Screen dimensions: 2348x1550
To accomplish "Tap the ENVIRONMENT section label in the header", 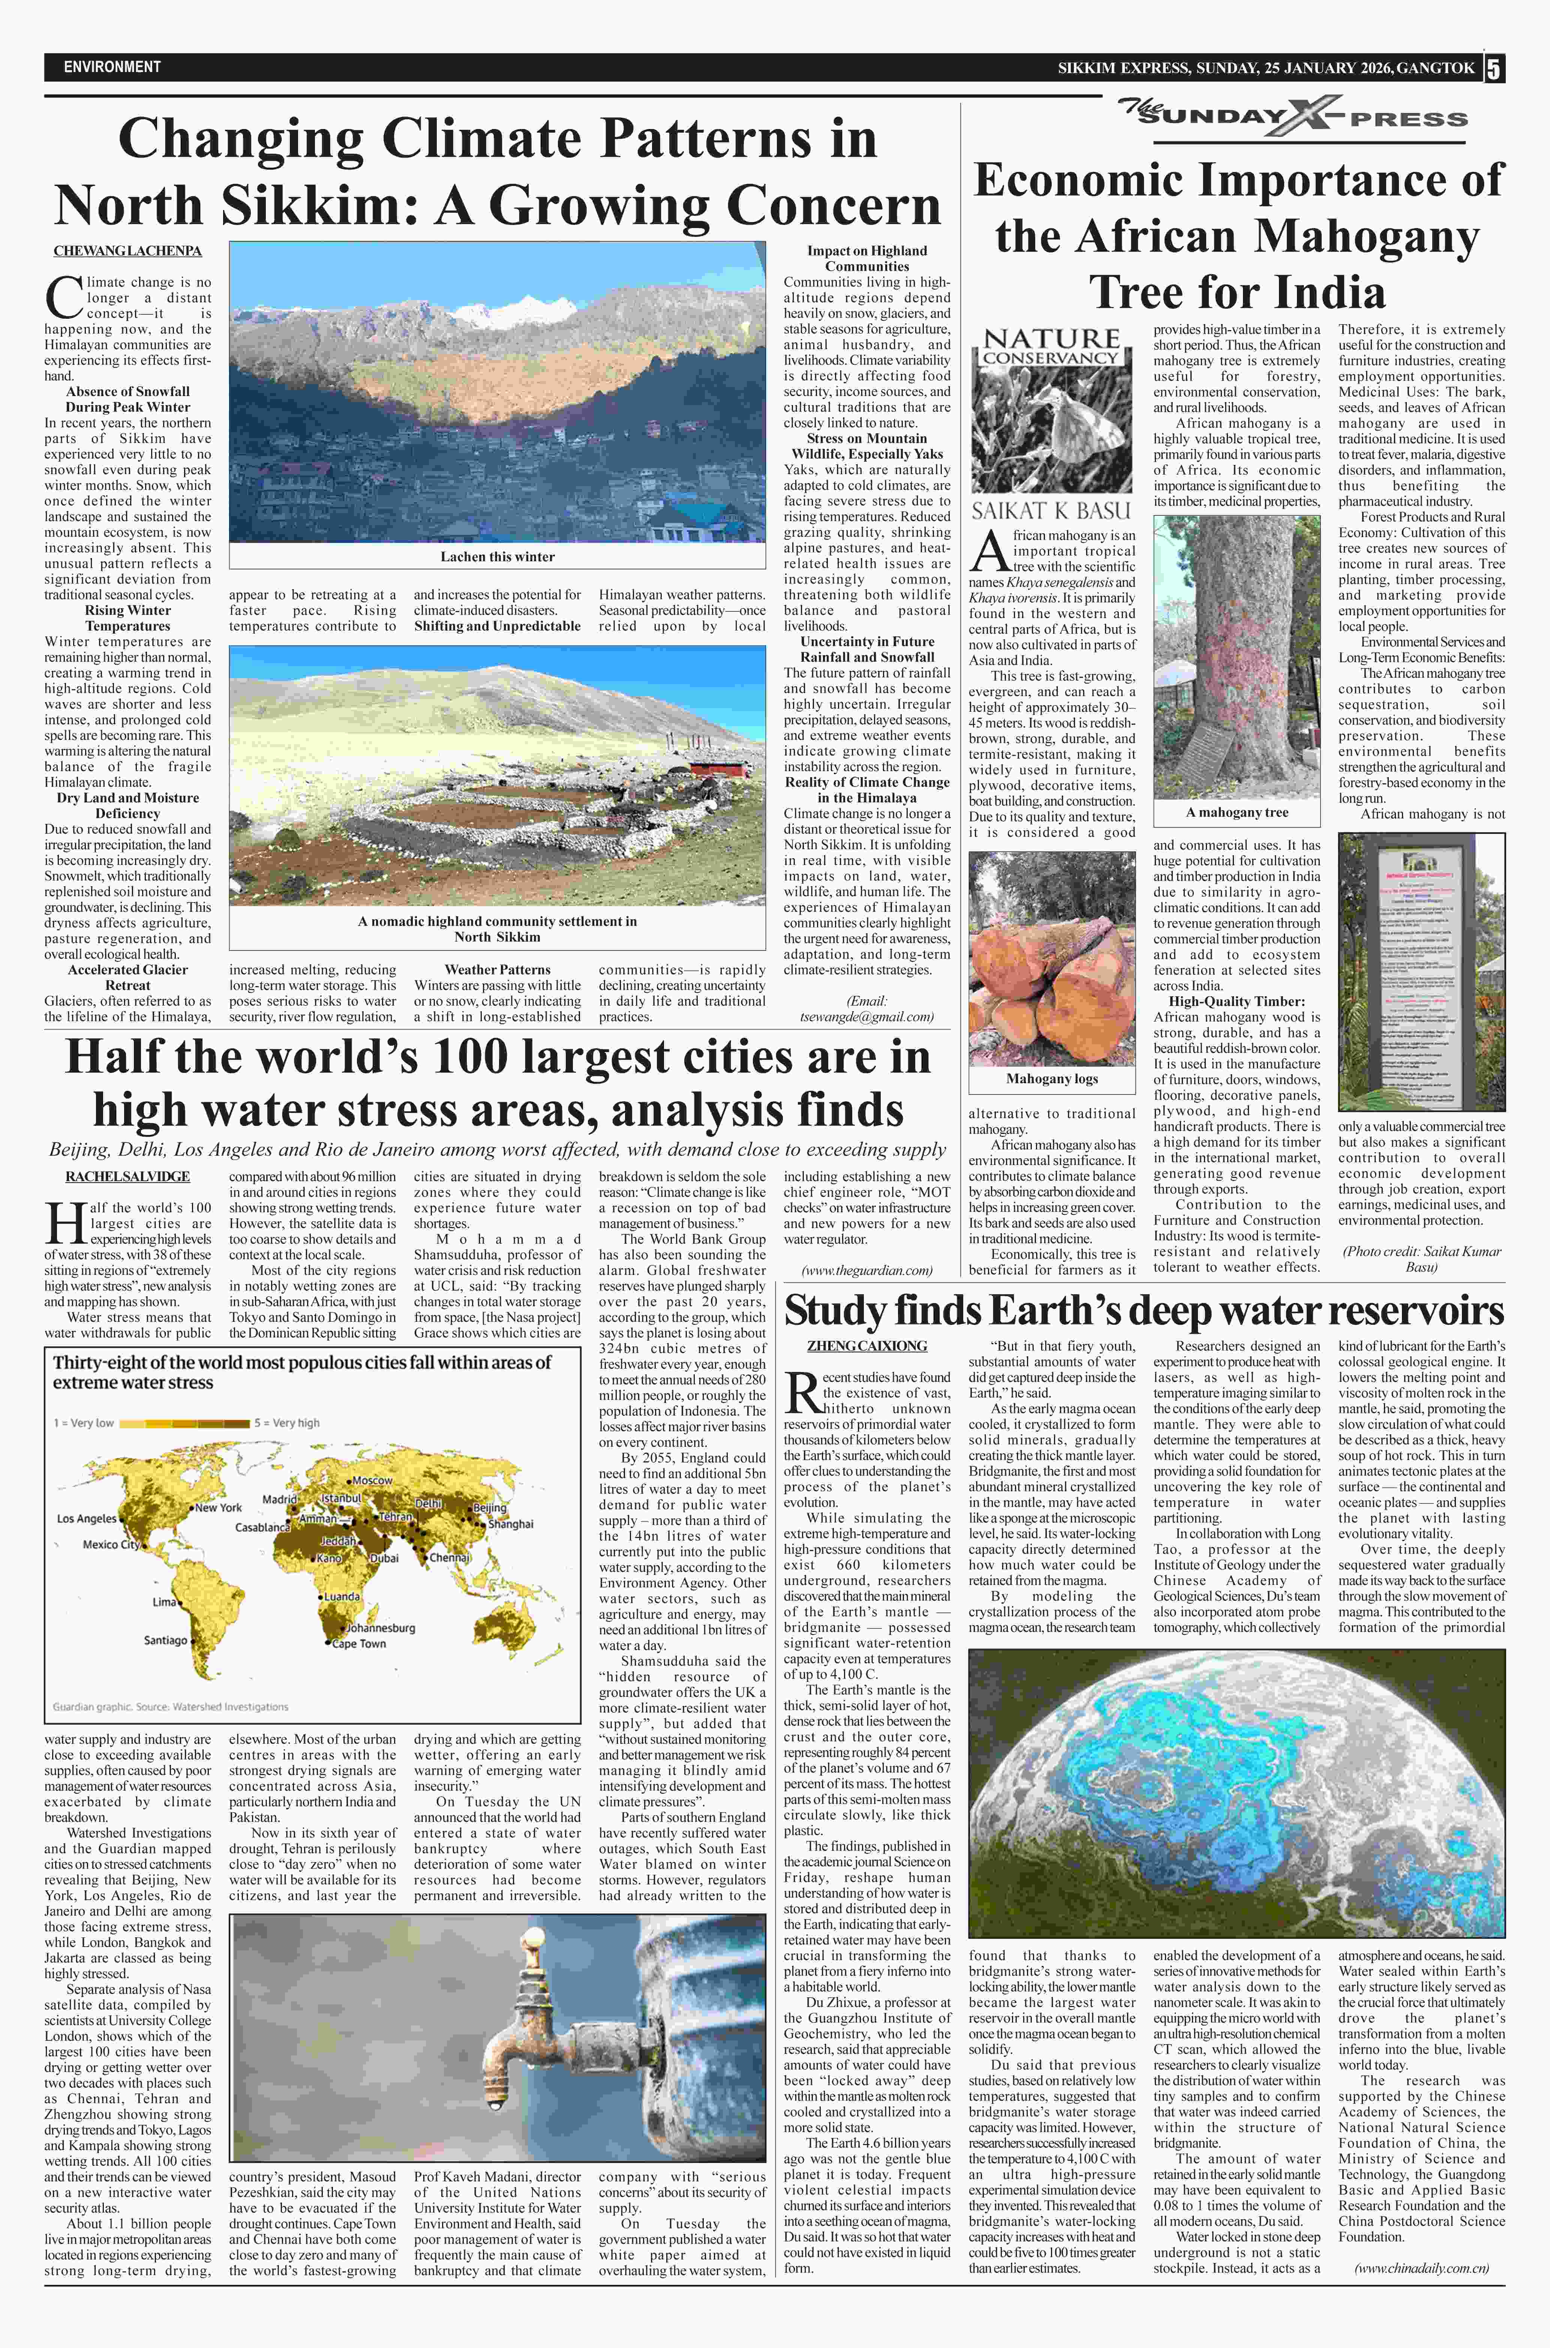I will (x=112, y=67).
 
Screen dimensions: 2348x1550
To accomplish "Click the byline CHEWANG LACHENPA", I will (x=127, y=251).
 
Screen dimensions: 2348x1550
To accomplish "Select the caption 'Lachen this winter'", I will (x=497, y=557).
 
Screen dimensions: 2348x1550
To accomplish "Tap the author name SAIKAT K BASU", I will (x=1051, y=510).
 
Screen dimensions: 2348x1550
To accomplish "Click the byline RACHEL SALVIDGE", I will (x=127, y=1177).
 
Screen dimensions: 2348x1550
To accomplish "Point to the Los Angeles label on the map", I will (x=87, y=1518).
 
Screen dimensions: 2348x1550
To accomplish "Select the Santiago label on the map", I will (x=165, y=1640).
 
